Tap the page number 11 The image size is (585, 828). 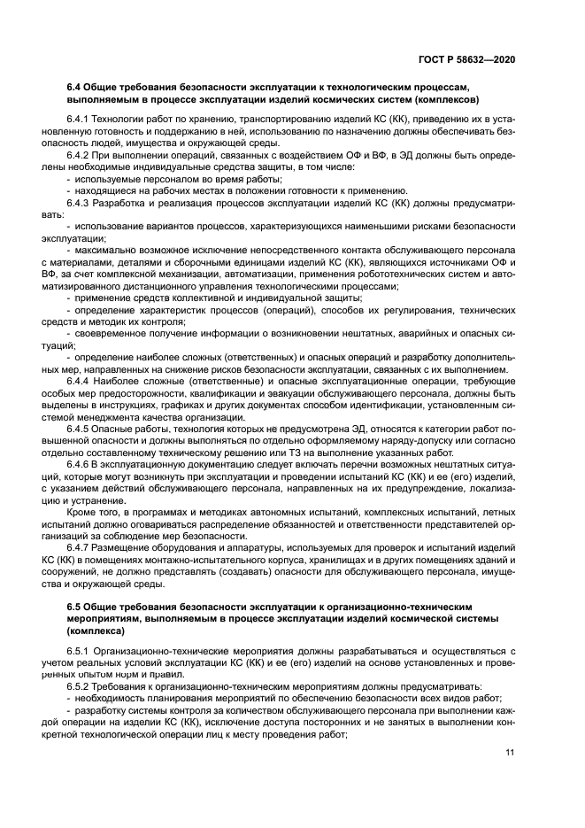pos(510,753)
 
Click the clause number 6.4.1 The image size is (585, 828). pos(79,119)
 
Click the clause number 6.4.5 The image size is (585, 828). pos(79,429)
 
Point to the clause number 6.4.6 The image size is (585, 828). pos(79,464)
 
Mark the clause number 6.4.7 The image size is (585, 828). pos(79,548)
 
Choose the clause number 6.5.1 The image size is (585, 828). pos(79,652)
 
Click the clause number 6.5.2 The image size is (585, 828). pos(79,686)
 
